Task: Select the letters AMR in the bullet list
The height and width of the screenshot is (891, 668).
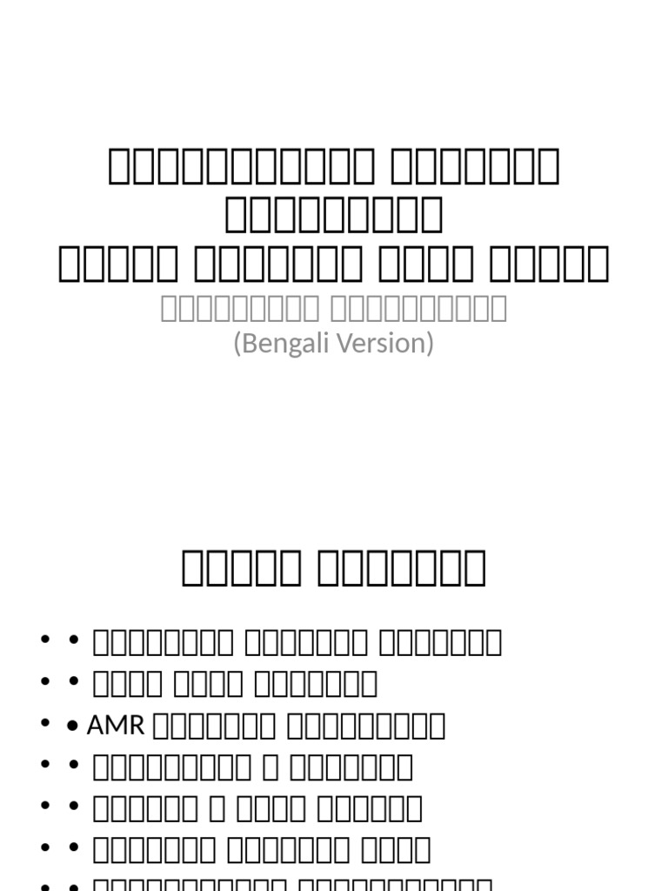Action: [116, 725]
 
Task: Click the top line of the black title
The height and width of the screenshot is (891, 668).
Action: [334, 167]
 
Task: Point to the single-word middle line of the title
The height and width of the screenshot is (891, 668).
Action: [334, 216]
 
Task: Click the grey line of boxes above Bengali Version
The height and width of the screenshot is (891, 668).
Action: [334, 308]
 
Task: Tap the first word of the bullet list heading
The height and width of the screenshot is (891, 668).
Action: [241, 568]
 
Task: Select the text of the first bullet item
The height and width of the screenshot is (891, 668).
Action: [297, 642]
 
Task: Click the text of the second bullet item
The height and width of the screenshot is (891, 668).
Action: [235, 683]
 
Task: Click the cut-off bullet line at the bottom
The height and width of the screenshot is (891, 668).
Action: [287, 885]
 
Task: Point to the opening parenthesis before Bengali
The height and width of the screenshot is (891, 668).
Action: [237, 344]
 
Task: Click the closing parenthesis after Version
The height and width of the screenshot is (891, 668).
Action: [430, 344]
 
